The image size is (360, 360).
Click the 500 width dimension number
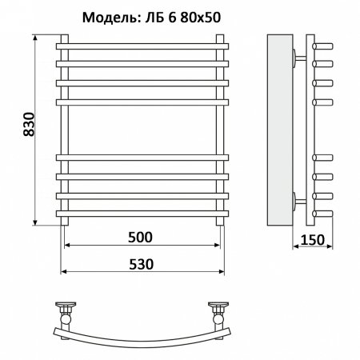click(141, 237)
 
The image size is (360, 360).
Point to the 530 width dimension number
click(141, 262)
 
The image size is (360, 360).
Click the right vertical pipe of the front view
click(219, 128)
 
